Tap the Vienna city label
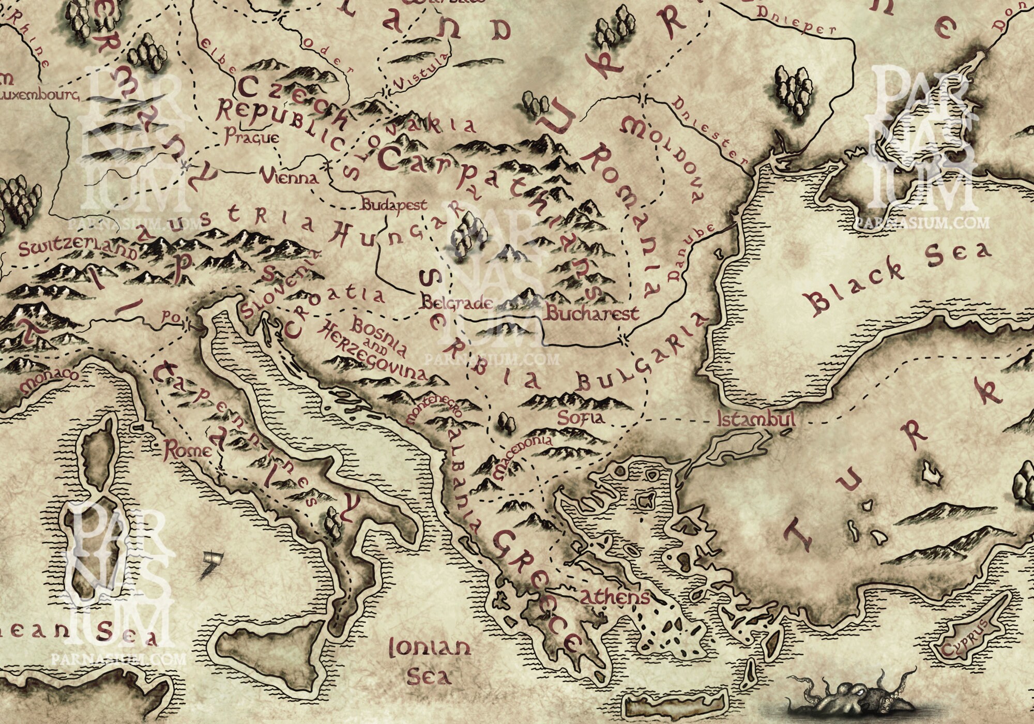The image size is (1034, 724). [x=289, y=178]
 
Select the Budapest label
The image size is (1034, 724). [x=394, y=205]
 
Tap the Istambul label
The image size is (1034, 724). [x=756, y=420]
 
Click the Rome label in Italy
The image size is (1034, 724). [x=187, y=451]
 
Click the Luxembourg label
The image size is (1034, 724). [x=39, y=96]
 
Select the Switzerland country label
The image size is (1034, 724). [x=78, y=249]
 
